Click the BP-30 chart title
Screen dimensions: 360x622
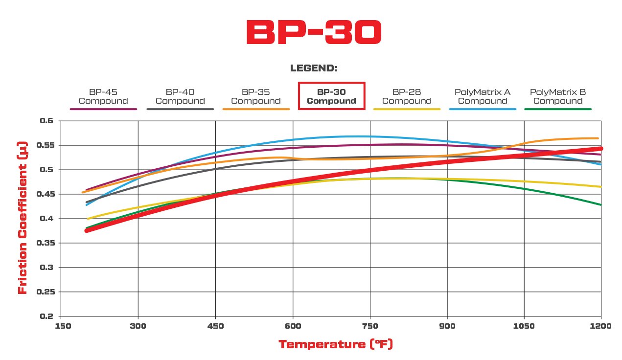pos(313,33)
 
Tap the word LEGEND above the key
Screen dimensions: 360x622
pos(314,68)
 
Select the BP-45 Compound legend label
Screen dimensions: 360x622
pos(103,96)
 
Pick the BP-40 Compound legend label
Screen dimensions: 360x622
pos(180,96)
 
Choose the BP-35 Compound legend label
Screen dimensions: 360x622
pos(256,96)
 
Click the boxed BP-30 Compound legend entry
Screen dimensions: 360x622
pos(331,96)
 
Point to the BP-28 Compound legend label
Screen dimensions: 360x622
pos(407,96)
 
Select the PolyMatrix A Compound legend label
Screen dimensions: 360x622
pos(483,96)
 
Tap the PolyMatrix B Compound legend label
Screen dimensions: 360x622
pos(558,96)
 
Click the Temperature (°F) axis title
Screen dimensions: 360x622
pos(336,344)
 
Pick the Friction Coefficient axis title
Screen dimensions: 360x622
pos(22,218)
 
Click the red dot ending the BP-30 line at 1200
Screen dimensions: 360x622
pos(601,148)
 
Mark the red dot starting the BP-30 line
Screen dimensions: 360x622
pos(87,230)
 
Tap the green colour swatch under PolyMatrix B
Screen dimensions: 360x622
pos(558,109)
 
